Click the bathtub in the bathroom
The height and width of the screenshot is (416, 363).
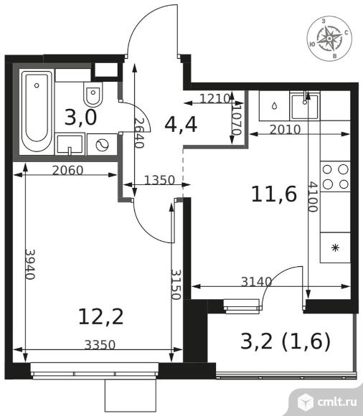pyautogui.click(x=37, y=110)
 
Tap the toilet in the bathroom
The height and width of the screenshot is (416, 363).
pyautogui.click(x=93, y=94)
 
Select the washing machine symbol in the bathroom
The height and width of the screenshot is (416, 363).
pyautogui.click(x=102, y=145)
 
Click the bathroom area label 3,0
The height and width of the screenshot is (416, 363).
pyautogui.click(x=80, y=118)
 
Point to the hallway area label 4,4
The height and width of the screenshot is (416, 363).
pyautogui.click(x=181, y=125)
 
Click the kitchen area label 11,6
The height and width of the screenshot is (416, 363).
pyautogui.click(x=273, y=194)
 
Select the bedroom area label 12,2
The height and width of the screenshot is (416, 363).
pyautogui.click(x=101, y=316)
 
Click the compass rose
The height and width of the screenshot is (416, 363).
pyautogui.click(x=329, y=39)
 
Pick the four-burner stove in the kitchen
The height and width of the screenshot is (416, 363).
pyautogui.click(x=336, y=176)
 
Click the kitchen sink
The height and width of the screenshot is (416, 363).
pyautogui.click(x=305, y=106)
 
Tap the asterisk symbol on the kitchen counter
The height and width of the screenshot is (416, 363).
pyautogui.click(x=336, y=248)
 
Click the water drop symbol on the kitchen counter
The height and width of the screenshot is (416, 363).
pyautogui.click(x=275, y=106)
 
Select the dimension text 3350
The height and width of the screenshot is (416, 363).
pyautogui.click(x=100, y=345)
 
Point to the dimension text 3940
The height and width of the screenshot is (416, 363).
pyautogui.click(x=30, y=264)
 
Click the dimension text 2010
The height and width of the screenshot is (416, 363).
pyautogui.click(x=285, y=130)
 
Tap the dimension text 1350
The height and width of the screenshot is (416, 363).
pyautogui.click(x=159, y=180)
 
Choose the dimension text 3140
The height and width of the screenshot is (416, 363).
pyautogui.click(x=256, y=282)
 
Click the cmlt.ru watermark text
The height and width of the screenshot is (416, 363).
pyautogui.click(x=336, y=402)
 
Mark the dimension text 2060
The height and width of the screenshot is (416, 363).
pyautogui.click(x=67, y=171)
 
